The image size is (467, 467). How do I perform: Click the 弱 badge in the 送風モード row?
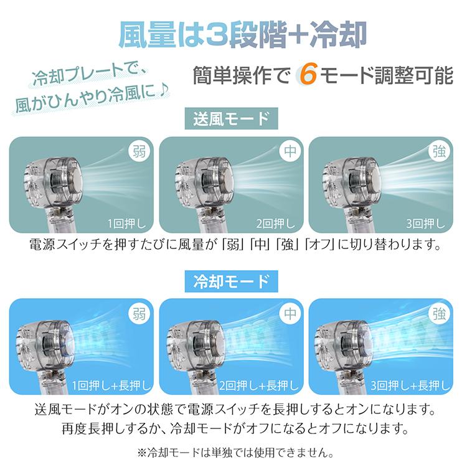[139, 152]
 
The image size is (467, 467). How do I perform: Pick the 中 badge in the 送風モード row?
[288, 152]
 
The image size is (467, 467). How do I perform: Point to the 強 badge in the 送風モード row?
[438, 152]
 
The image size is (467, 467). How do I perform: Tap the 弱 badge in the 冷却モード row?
[139, 314]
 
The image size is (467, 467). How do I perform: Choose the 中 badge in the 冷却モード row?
[288, 314]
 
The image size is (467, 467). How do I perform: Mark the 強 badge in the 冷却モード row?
[438, 314]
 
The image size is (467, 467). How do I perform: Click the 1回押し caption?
[128, 223]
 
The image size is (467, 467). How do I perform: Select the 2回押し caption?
[278, 223]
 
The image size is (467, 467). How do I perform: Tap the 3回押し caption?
[427, 223]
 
